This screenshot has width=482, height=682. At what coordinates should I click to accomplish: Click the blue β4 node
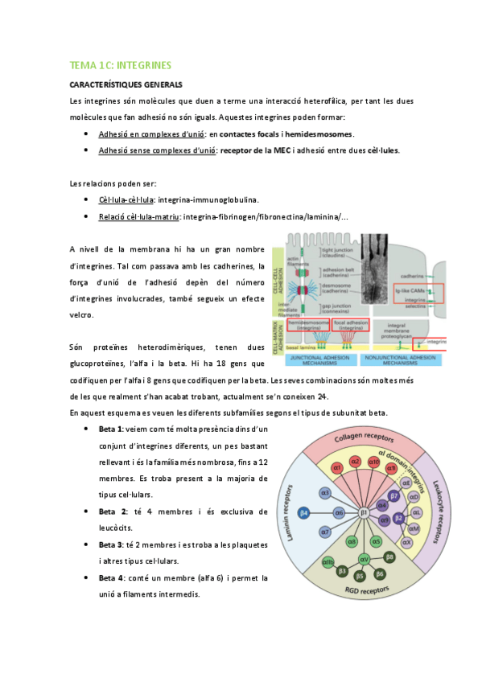304,511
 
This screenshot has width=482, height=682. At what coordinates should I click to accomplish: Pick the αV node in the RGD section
364,557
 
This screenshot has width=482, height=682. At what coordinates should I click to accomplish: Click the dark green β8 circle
389,556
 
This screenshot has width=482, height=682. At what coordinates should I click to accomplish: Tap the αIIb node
328,561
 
